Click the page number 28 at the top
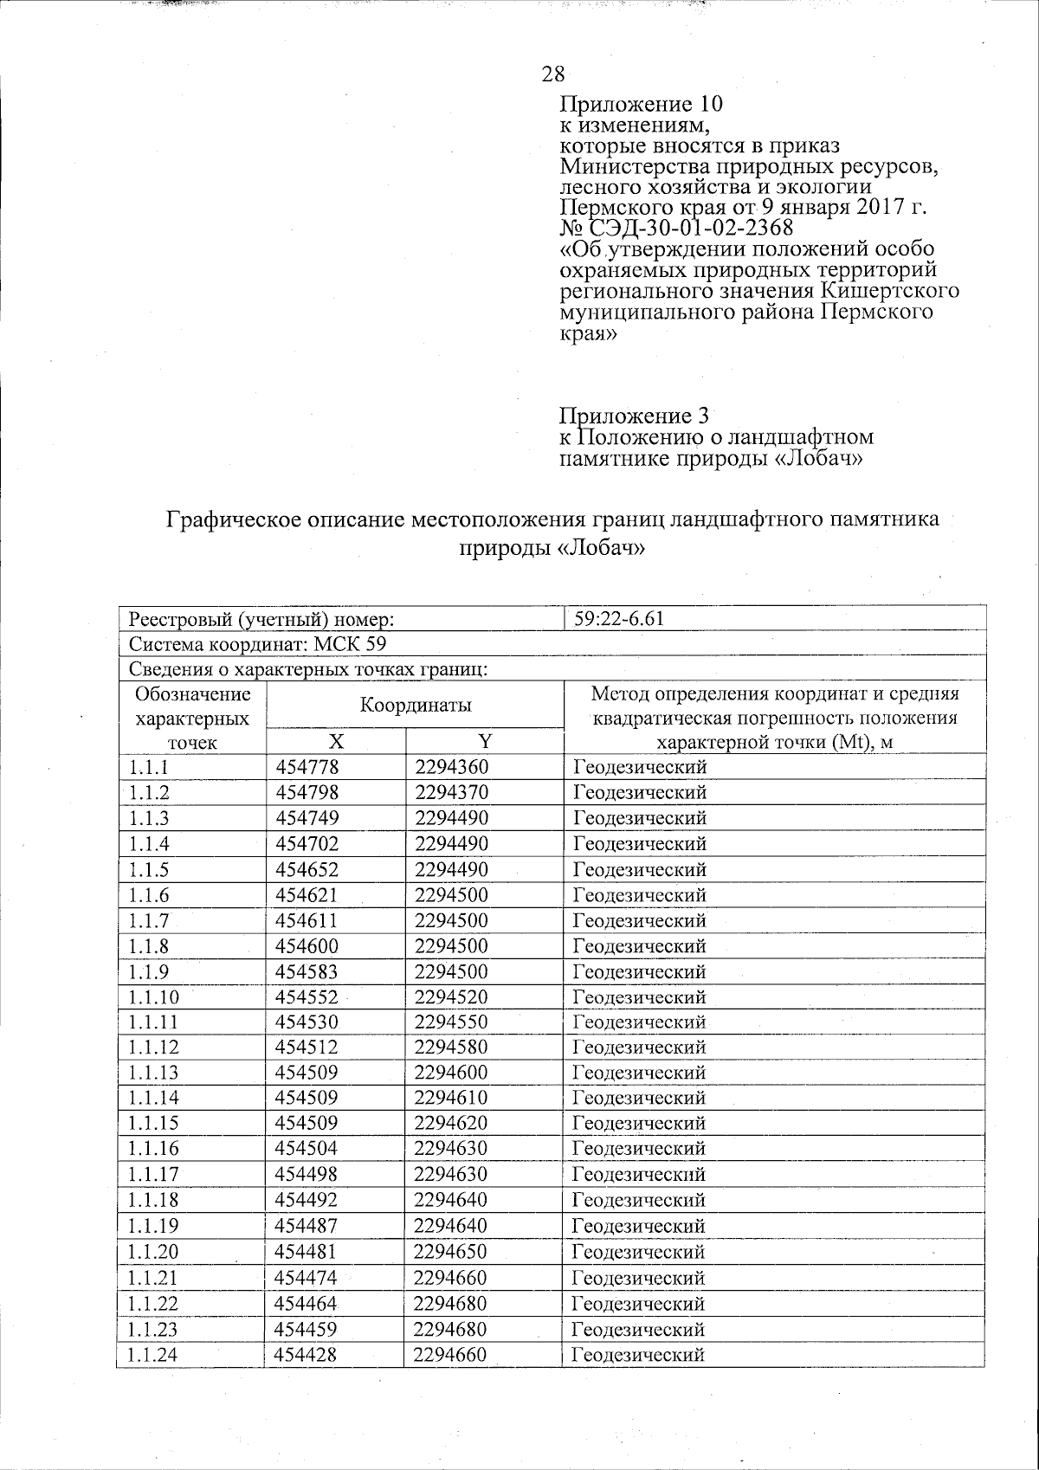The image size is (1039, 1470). pos(553,74)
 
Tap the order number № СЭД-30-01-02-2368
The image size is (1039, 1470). pos(676,228)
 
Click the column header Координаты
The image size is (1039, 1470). pos(416,705)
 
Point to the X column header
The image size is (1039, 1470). pos(336,741)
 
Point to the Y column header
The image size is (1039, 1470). pos(485,741)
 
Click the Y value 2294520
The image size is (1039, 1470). pos(451,996)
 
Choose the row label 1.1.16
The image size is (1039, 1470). pos(153,1150)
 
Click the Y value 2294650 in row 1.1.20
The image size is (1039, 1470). pos(451,1252)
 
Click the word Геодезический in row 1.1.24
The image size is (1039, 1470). pos(639,1355)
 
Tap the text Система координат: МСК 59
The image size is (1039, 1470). pos(257,645)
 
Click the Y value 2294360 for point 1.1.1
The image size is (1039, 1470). pos(451,767)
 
